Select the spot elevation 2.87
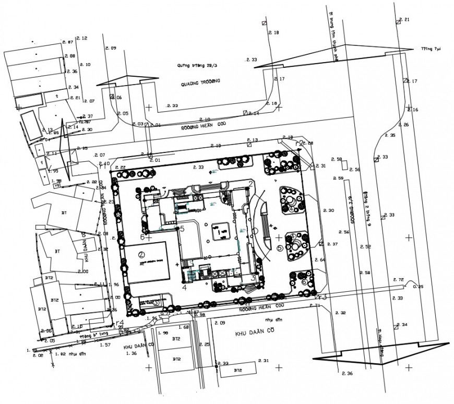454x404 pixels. coord(67,42)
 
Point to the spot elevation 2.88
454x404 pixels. coord(70,56)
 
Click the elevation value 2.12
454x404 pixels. coord(82,39)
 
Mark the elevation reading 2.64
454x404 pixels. coord(320,259)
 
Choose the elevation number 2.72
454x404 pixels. coord(398,280)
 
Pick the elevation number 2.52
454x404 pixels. coord(365,246)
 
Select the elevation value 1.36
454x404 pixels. coord(131,353)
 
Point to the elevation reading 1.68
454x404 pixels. coord(183,327)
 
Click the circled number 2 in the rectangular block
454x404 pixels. coord(141,255)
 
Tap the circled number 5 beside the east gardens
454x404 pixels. coord(280,248)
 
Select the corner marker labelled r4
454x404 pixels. coord(120,323)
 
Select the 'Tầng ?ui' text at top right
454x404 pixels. coord(431,49)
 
